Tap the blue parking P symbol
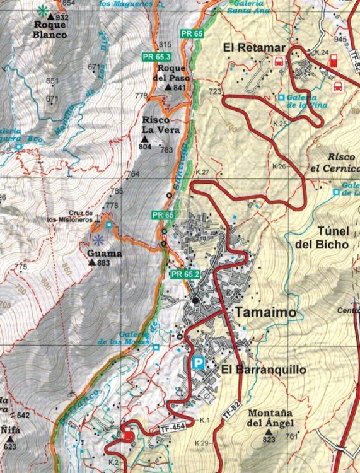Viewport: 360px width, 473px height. (x=198, y=363)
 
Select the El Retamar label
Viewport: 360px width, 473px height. (x=255, y=47)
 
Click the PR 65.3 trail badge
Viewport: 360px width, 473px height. (x=154, y=57)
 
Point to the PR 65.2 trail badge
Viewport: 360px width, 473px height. (x=185, y=274)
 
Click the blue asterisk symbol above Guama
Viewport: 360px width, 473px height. (x=98, y=240)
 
